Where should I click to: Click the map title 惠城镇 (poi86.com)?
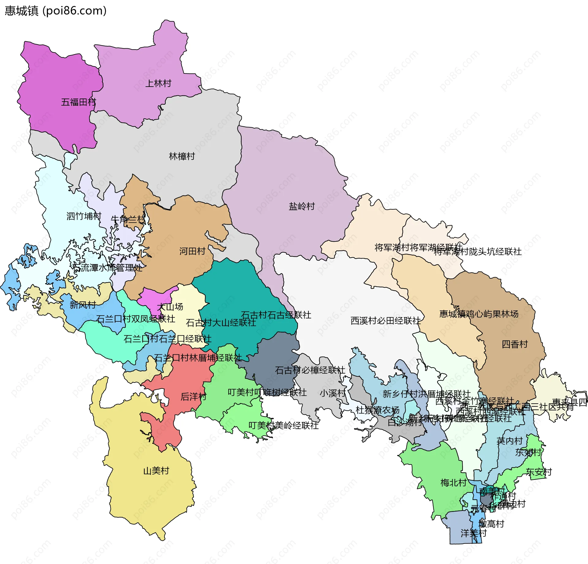55,11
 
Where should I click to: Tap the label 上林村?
158,83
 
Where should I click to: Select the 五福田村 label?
78,102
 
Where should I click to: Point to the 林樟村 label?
182,156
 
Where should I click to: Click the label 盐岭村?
302,206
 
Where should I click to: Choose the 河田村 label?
192,251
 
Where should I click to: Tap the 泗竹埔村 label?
84,216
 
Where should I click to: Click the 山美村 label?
156,471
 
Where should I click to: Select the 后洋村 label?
194,397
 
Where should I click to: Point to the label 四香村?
514,344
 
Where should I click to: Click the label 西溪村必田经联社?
386,321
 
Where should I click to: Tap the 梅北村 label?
453,483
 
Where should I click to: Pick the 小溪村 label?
333,393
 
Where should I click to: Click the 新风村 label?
83,305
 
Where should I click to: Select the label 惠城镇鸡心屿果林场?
479,314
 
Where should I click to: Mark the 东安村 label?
539,472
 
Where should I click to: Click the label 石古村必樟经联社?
310,370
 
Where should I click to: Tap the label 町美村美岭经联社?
283,425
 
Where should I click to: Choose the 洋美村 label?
473,533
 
